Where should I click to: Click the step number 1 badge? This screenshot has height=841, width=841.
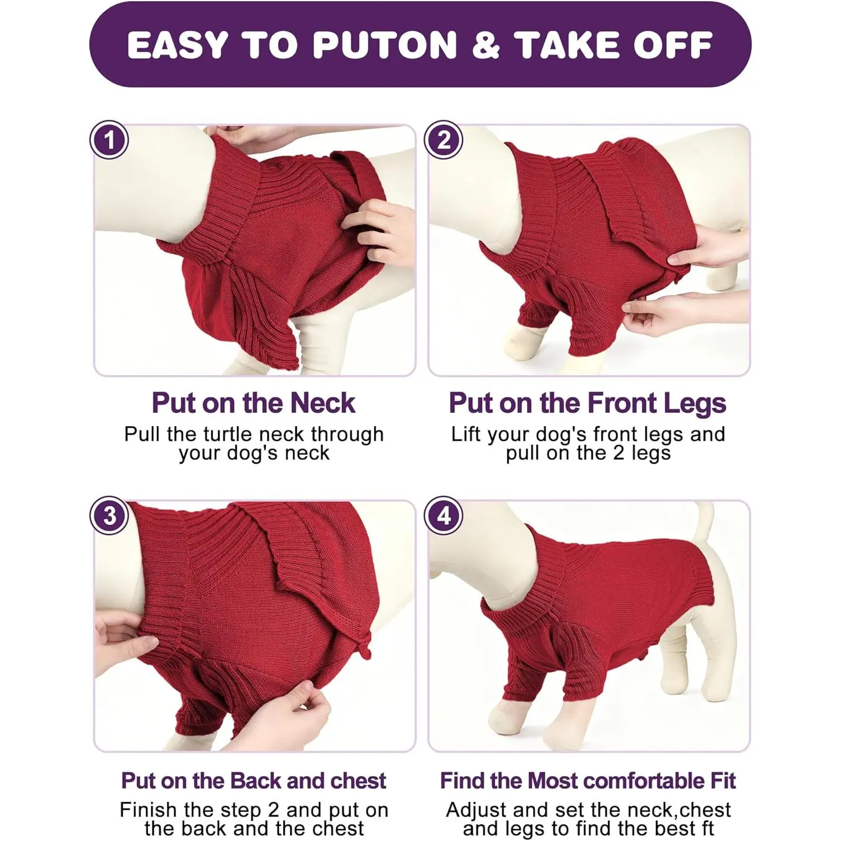[x=109, y=140]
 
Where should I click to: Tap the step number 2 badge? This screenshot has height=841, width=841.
[x=443, y=140]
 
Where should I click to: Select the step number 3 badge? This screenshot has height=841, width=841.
[x=109, y=515]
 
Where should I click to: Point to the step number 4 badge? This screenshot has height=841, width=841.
[x=443, y=515]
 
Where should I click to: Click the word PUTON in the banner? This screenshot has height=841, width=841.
[x=385, y=45]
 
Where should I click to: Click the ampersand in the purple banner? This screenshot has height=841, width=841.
[x=486, y=45]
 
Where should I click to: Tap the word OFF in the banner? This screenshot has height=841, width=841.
[x=673, y=45]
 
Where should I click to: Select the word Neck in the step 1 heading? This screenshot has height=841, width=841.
[x=323, y=403]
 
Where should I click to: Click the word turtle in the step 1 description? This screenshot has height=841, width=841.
[x=229, y=434]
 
